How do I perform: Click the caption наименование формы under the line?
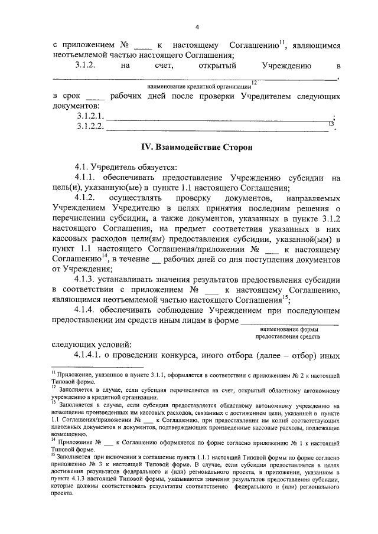[297, 328]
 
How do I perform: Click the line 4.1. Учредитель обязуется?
[122, 167]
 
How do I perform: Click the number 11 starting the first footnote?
[53, 374]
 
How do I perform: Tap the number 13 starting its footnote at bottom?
[53, 405]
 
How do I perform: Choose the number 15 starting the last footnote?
[53, 456]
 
